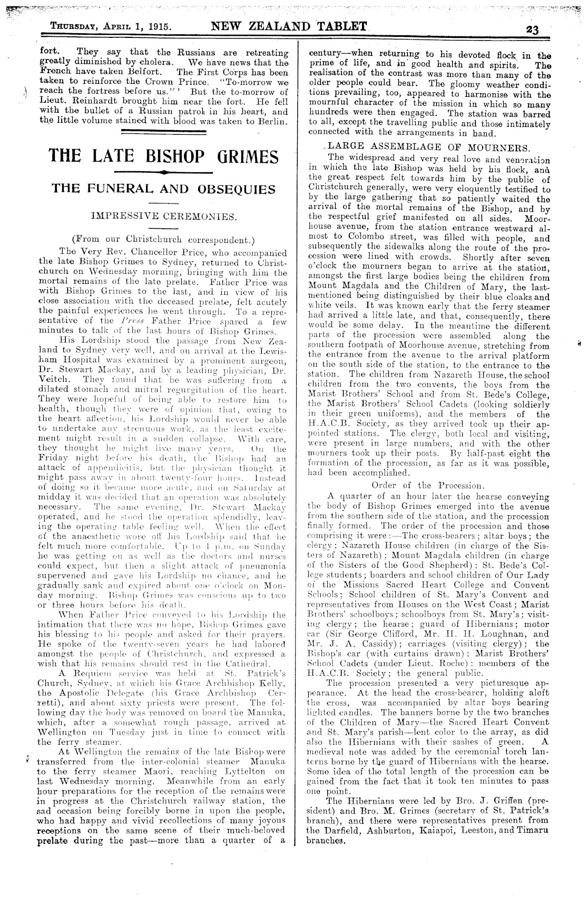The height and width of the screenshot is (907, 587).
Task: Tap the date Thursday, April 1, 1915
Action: tap(113, 27)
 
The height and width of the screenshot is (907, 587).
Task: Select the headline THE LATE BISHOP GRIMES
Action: tap(163, 156)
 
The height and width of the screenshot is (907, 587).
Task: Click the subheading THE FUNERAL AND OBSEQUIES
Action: tap(163, 189)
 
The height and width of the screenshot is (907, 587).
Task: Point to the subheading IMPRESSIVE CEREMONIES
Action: tap(163, 216)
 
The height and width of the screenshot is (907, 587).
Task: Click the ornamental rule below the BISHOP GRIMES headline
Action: tap(163, 172)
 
